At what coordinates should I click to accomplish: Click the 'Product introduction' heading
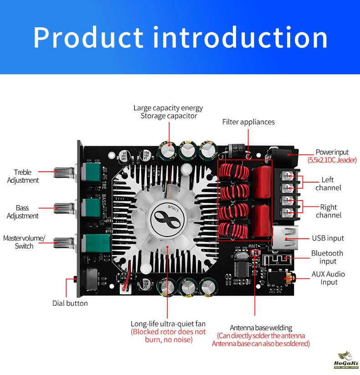click(x=180, y=37)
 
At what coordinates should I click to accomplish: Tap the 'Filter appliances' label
click(x=248, y=122)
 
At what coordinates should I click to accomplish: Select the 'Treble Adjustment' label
click(x=23, y=176)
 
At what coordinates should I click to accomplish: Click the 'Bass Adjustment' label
click(x=22, y=212)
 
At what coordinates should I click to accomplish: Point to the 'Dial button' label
click(x=70, y=303)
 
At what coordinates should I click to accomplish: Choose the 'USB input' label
click(x=328, y=238)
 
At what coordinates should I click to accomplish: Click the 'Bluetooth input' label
click(x=327, y=257)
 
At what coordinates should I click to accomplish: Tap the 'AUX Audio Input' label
click(x=328, y=278)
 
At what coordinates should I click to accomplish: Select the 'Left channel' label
click(x=328, y=184)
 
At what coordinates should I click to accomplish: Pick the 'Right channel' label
click(x=329, y=211)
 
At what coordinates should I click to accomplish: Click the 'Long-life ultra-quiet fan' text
click(x=168, y=324)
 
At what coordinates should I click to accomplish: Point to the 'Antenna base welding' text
click(x=261, y=328)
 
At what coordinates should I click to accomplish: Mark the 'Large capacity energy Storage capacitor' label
click(x=168, y=112)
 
